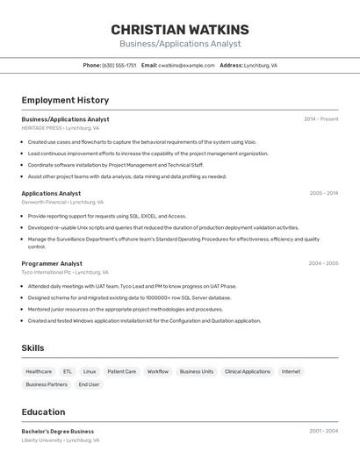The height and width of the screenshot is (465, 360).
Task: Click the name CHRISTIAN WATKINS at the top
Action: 180,30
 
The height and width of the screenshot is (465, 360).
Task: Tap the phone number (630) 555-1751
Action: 119,65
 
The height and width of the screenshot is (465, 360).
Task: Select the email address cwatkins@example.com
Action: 186,65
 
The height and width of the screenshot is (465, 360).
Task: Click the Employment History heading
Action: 65,100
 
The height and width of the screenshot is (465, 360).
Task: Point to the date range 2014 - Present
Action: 321,119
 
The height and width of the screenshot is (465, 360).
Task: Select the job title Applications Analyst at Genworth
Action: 51,193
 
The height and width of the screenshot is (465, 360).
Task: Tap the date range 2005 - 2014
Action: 324,193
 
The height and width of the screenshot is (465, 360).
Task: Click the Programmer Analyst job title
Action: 52,263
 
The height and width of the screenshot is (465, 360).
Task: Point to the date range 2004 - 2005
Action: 323,263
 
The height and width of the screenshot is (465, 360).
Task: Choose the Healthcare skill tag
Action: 39,371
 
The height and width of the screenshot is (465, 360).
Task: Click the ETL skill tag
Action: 68,371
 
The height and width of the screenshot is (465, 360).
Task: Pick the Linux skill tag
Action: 90,371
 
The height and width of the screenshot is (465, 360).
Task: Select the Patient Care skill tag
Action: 121,371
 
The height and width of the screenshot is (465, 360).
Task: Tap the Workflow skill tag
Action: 158,371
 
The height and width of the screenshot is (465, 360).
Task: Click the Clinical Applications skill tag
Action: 248,371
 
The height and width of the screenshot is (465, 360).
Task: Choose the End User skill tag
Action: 89,384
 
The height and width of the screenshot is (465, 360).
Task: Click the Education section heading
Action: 43,411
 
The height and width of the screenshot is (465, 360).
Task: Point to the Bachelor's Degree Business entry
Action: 58,432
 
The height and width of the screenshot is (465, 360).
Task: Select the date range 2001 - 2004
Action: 323,432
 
